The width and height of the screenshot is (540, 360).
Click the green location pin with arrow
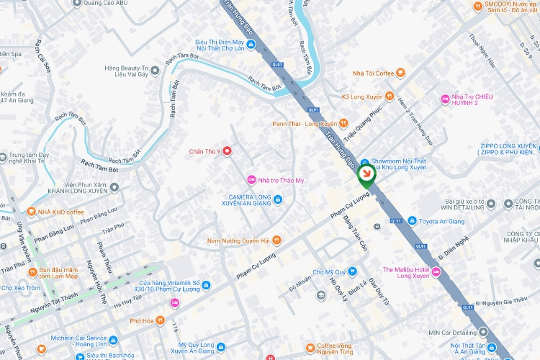[x=366, y=174]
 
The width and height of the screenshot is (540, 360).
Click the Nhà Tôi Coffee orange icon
[x=400, y=73]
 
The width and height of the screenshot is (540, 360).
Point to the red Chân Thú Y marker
[x=228, y=150]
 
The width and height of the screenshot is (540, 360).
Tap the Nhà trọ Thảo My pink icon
[x=251, y=179]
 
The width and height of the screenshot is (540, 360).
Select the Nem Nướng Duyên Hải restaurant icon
[x=276, y=240]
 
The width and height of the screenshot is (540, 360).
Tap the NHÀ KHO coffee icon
[x=31, y=212]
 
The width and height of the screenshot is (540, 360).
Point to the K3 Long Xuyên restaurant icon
[x=389, y=96]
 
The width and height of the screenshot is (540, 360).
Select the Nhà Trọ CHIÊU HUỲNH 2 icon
[x=444, y=98]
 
